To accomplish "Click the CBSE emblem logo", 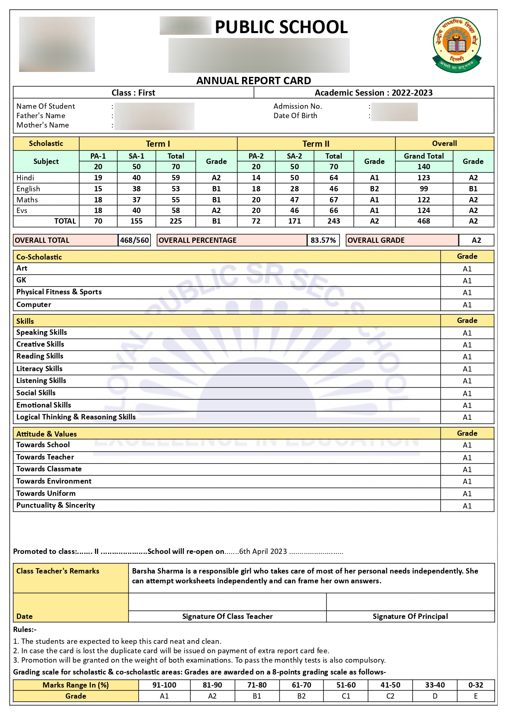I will pyautogui.click(x=457, y=45).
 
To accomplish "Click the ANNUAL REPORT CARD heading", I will pyautogui.click(x=253, y=81).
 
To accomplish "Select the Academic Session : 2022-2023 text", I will pyautogui.click(x=373, y=93).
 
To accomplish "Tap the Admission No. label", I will pyautogui.click(x=298, y=106).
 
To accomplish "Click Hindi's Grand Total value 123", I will pyautogui.click(x=424, y=178).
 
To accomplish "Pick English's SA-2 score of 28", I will pyautogui.click(x=294, y=189).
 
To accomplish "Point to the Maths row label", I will pyautogui.click(x=27, y=200).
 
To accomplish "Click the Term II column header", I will pyautogui.click(x=316, y=144).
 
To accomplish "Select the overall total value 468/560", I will pyautogui.click(x=135, y=240).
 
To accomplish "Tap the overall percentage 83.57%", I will pyautogui.click(x=323, y=240).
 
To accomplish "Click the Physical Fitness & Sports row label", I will pyautogui.click(x=59, y=292).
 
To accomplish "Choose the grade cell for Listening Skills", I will pyautogui.click(x=467, y=381).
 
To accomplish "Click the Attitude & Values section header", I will pyautogui.click(x=47, y=434).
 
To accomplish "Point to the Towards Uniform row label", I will pyautogui.click(x=46, y=493).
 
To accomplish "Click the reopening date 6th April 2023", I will pyautogui.click(x=263, y=551).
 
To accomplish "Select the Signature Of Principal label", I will pyautogui.click(x=410, y=616).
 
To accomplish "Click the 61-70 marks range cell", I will pyautogui.click(x=301, y=685).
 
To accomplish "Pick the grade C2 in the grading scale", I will pyautogui.click(x=390, y=696).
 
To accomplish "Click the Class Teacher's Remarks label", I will pyautogui.click(x=58, y=571).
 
